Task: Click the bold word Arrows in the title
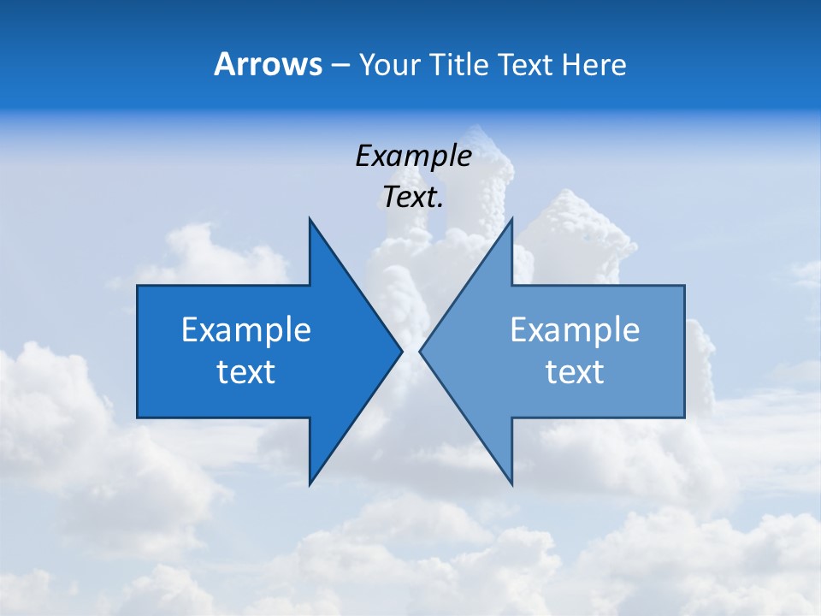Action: pos(268,64)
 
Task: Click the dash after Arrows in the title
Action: pos(340,65)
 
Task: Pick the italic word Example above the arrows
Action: pos(413,156)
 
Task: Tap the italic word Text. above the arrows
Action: pos(413,198)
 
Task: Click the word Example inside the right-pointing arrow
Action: pos(246,329)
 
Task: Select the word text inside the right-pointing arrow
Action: pos(246,372)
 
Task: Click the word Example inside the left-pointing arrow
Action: pos(575,329)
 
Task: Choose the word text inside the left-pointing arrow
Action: pos(575,372)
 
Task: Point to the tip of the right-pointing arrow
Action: pos(402,351)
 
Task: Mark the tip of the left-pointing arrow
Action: pos(420,351)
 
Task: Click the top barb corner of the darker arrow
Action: pos(310,218)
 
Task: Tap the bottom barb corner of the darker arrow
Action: pos(310,485)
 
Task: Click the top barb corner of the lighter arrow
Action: pos(511,218)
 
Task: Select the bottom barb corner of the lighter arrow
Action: pos(511,485)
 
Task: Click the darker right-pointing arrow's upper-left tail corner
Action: pos(138,286)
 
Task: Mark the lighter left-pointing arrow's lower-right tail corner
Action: pos(684,418)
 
